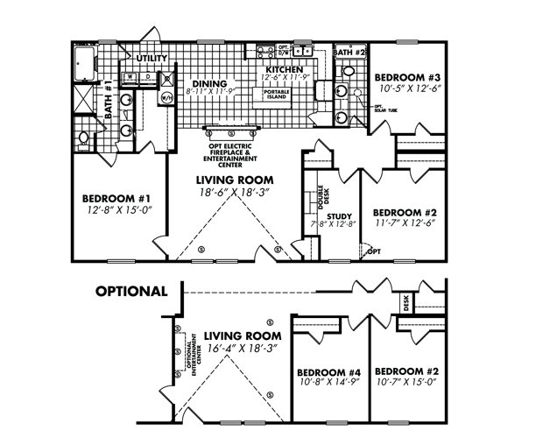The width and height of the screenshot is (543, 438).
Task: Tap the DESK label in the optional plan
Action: point(406,303)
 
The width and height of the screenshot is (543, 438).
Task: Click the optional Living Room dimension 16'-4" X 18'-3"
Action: point(241,349)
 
